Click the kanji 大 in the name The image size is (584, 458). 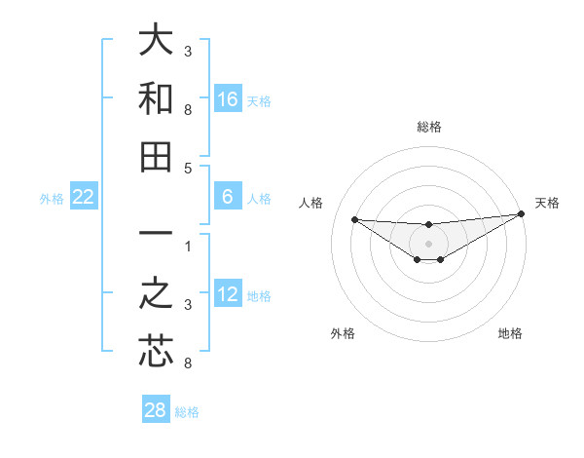pos(156,40)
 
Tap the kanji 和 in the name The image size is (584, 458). pos(156,99)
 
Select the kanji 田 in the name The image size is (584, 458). pos(156,157)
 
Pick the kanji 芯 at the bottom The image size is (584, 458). pos(156,352)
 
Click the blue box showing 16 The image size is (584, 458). pos(228,98)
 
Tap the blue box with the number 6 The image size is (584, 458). pos(228,198)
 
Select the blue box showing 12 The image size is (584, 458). pos(228,294)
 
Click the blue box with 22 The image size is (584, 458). pos(84,198)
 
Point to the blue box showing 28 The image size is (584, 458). pos(156,410)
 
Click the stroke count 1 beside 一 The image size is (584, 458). pos(188,246)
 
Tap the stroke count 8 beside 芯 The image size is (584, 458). pos(188,364)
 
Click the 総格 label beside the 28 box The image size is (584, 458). pos(187,412)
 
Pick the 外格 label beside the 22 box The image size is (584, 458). pos(52,199)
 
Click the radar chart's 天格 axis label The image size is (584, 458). pos(547,203)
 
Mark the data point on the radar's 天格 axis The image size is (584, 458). pos(521,215)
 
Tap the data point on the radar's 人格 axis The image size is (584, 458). pos(354,219)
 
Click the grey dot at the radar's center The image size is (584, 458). pos(428,243)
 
